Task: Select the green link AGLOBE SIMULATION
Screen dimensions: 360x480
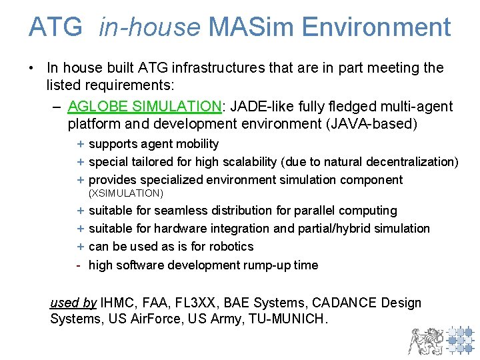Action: click(144, 107)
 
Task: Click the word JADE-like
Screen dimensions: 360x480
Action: click(260, 107)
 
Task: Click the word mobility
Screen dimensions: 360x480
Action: click(195, 144)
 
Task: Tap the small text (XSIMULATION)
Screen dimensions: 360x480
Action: click(126, 193)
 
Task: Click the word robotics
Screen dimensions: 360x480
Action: click(231, 247)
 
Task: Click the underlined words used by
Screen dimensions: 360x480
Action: click(73, 303)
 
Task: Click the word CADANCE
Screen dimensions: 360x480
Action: click(337, 303)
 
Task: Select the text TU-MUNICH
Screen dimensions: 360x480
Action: click(288, 319)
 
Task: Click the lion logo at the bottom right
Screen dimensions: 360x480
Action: click(425, 340)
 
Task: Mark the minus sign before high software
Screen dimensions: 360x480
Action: click(79, 265)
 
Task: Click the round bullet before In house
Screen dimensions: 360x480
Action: click(32, 68)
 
